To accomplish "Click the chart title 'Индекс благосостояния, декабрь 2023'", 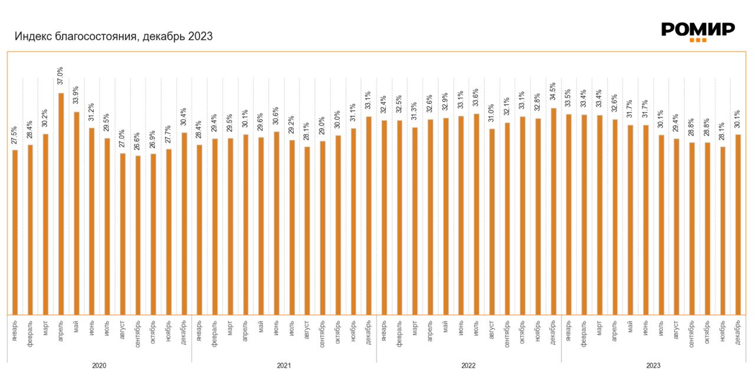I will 113,37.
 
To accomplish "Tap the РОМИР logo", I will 698,31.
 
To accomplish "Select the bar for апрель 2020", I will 61,204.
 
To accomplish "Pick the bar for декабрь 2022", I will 553,211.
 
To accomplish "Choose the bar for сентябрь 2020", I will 137,235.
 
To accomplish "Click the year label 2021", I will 284,366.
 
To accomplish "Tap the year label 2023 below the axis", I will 653,366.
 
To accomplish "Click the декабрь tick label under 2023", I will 738,331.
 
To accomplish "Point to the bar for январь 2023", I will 569,214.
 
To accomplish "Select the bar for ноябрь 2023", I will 723,230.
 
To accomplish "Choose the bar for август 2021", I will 307,230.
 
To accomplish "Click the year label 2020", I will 99,366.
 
